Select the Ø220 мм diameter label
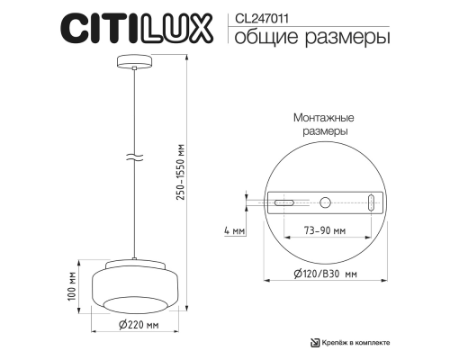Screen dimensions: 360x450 138,325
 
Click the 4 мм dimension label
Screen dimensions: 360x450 232,231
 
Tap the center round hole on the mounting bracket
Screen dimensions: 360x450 326,202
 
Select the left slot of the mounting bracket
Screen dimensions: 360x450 284,203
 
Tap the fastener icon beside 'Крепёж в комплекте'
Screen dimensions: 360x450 315,342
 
